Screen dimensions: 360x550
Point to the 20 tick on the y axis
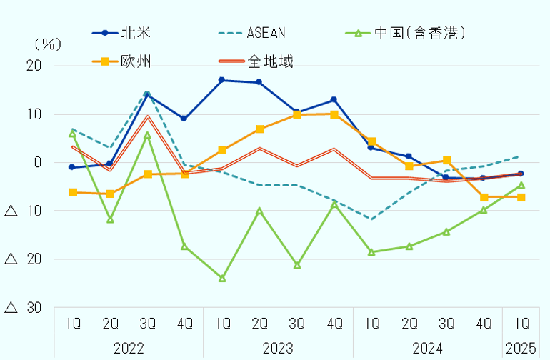(34, 66)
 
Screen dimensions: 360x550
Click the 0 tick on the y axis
(37, 162)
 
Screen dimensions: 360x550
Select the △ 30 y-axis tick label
(24, 307)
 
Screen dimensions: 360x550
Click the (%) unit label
(47, 43)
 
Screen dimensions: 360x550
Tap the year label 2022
(129, 349)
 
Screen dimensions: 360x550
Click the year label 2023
(278, 349)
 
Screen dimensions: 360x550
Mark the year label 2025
(521, 349)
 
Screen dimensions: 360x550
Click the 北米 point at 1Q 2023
(222, 80)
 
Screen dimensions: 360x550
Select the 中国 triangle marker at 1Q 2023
(222, 278)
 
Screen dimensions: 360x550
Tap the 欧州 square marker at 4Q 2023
(334, 114)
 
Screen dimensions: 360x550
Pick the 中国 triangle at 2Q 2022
(110, 219)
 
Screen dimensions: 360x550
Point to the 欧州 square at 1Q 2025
(521, 197)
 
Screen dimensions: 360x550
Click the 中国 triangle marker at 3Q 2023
(297, 265)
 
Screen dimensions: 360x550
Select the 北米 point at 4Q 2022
(184, 119)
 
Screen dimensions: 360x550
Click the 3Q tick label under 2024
(446, 323)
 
